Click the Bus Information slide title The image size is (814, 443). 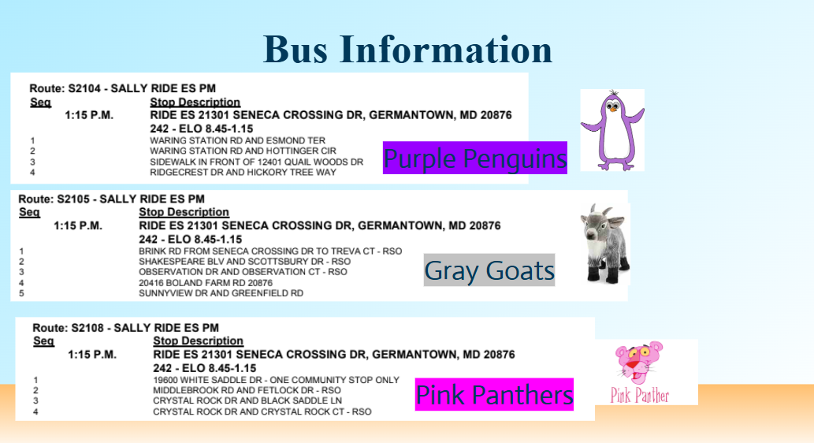click(407, 50)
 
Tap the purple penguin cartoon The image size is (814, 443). click(612, 130)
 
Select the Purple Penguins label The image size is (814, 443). click(475, 158)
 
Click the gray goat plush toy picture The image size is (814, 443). click(605, 244)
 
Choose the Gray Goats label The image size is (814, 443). click(489, 270)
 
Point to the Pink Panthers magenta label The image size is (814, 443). click(494, 394)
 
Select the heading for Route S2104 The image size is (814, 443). click(122, 88)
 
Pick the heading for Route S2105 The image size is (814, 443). click(112, 199)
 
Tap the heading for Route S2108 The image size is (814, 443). click(125, 328)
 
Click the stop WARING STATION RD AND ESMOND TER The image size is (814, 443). click(238, 140)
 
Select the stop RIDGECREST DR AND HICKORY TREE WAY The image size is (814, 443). click(243, 173)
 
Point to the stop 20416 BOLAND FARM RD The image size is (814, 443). click(206, 282)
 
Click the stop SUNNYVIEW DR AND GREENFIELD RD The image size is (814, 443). click(221, 293)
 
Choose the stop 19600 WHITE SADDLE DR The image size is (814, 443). click(276, 380)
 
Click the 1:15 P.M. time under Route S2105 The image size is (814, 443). click(78, 226)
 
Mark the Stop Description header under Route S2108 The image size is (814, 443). click(199, 341)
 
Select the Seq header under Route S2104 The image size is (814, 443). click(40, 102)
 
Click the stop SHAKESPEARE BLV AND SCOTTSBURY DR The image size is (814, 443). click(244, 261)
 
